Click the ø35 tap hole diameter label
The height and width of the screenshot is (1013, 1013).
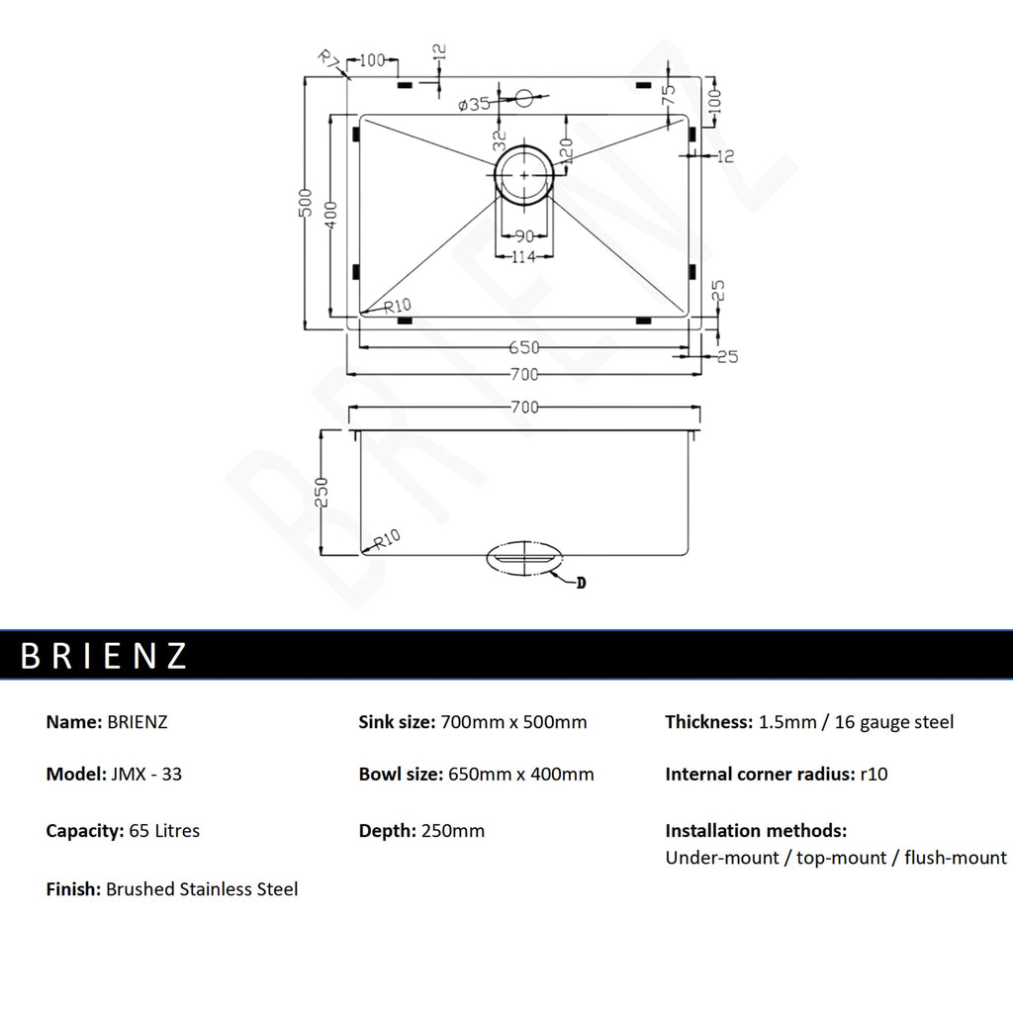click(x=474, y=104)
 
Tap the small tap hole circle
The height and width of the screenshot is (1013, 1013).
click(x=524, y=98)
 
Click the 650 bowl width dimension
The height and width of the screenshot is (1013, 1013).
click(x=523, y=347)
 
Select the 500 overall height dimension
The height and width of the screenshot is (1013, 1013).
click(x=306, y=203)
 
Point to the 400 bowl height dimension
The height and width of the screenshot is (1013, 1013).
click(x=330, y=215)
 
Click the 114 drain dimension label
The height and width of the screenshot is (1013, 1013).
click(x=523, y=257)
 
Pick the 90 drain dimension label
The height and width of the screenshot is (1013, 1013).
click(x=524, y=236)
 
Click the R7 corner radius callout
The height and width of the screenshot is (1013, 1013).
click(x=329, y=59)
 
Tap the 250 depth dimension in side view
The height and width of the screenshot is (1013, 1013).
click(x=322, y=493)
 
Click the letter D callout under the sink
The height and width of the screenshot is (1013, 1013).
click(x=581, y=583)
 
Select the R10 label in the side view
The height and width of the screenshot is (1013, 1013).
click(x=387, y=539)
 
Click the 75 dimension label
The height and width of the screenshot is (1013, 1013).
click(x=669, y=94)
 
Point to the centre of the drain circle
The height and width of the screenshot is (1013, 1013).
click(x=524, y=175)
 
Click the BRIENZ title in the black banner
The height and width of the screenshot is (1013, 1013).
click(x=104, y=655)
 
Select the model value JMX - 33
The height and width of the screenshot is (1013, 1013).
click(x=146, y=774)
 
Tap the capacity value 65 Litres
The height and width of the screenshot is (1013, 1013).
click(x=164, y=831)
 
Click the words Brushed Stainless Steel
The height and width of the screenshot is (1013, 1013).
click(x=202, y=889)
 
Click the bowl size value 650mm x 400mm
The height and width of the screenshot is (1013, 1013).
click(x=520, y=774)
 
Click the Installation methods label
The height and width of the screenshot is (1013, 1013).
click(x=756, y=830)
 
